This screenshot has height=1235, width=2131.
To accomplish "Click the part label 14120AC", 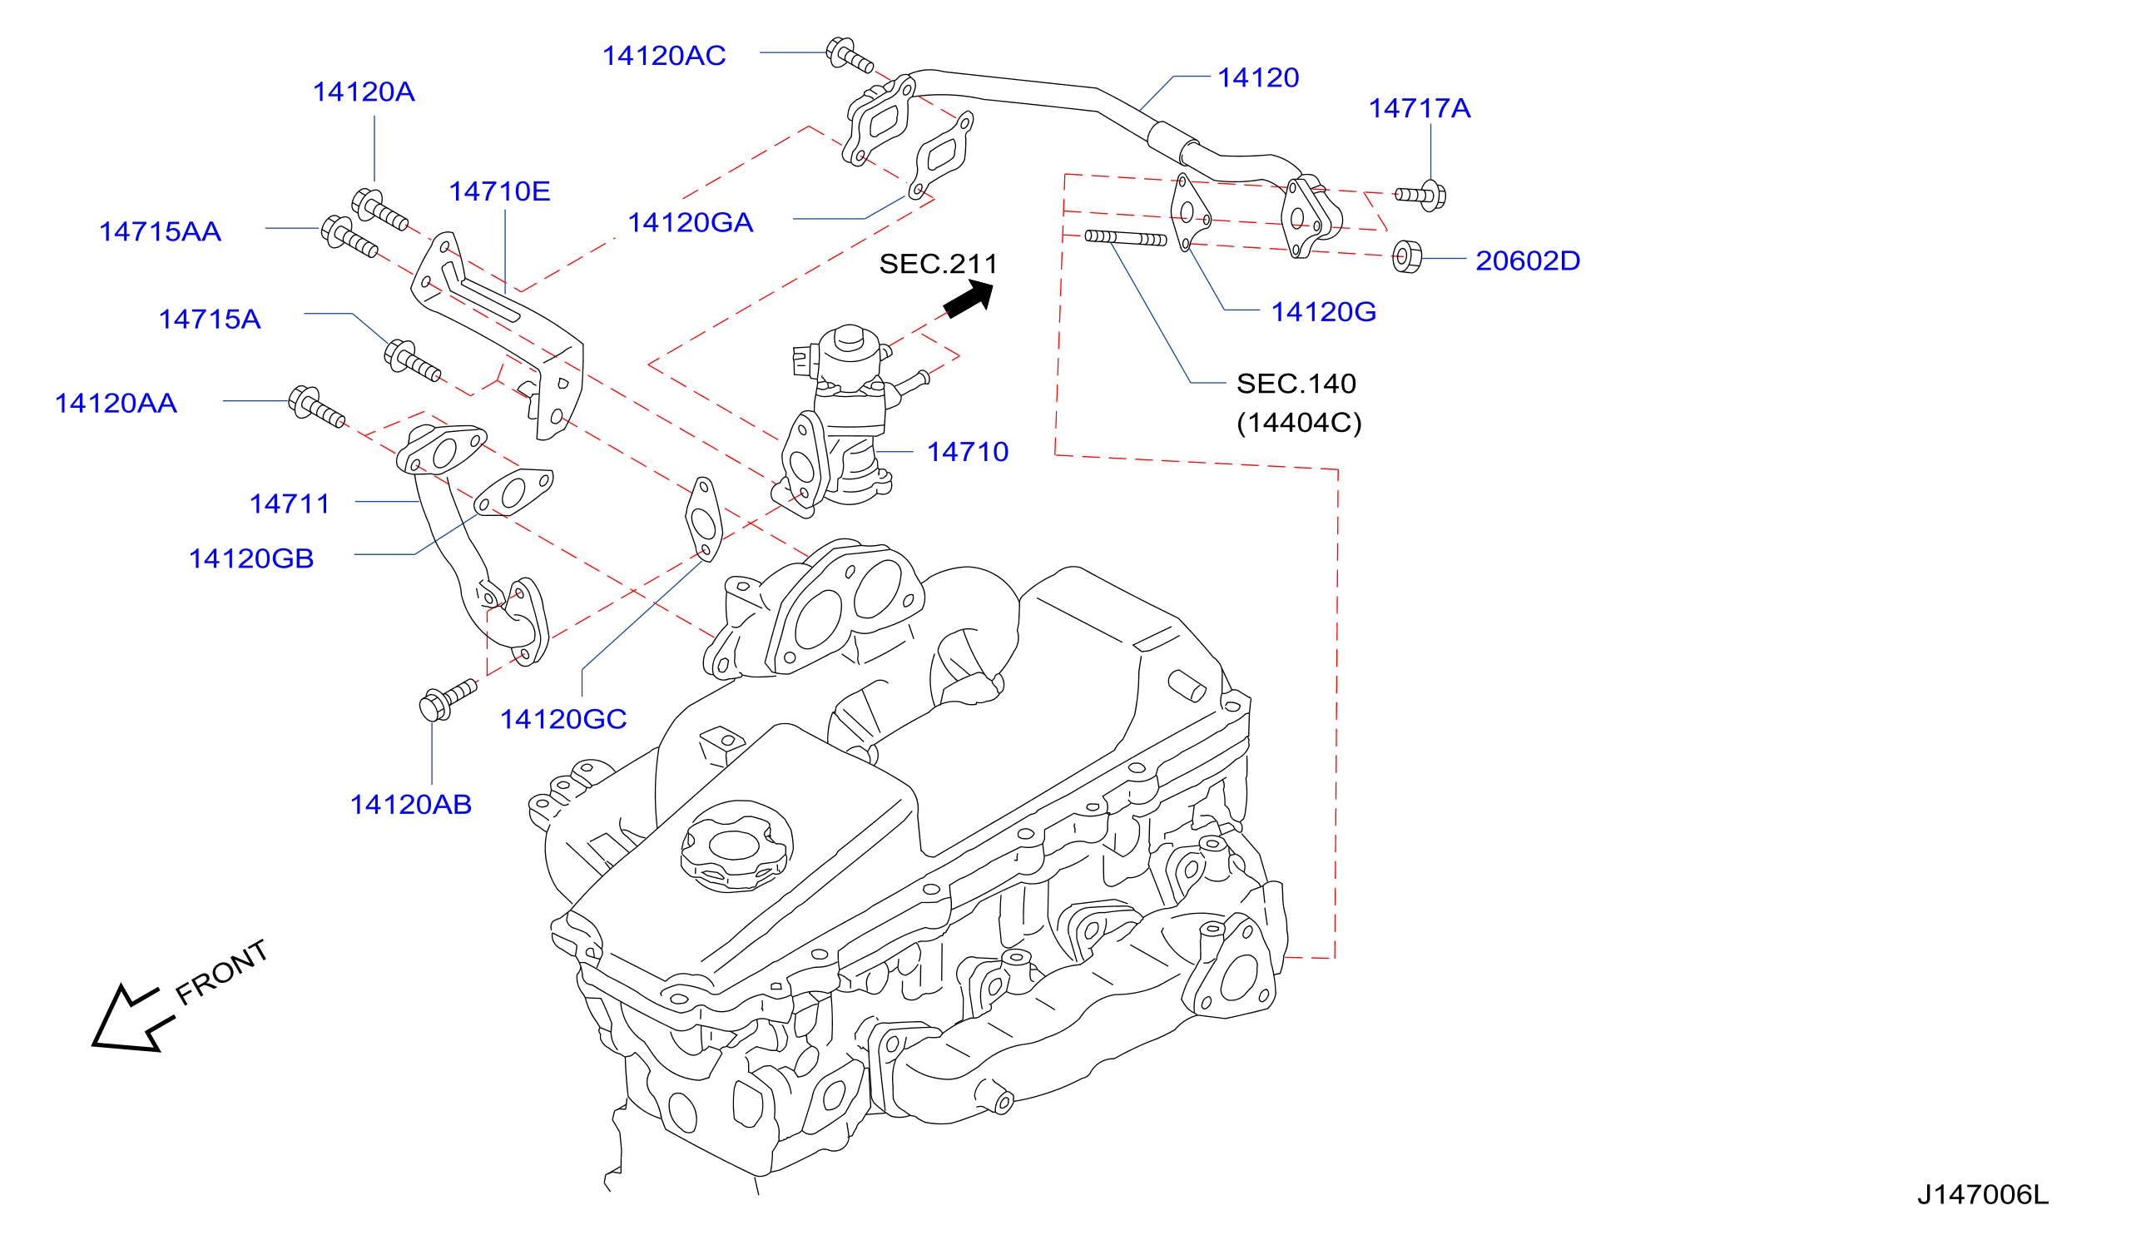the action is tap(664, 56).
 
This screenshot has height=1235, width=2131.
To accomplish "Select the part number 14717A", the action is tap(1420, 108).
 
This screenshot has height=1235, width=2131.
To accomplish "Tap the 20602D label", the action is tap(1528, 260).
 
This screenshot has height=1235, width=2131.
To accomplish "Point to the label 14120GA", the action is tap(690, 222).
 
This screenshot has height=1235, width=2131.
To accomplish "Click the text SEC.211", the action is tap(939, 264).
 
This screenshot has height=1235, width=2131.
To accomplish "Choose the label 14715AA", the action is tap(160, 232).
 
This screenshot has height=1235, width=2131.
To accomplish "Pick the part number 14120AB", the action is tap(411, 805).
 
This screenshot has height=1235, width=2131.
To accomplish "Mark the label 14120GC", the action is tap(563, 719).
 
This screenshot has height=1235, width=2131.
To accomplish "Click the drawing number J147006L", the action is tap(1983, 1194).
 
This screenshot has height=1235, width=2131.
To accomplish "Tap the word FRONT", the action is tap(221, 972).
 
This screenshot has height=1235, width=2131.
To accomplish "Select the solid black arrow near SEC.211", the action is tap(969, 300).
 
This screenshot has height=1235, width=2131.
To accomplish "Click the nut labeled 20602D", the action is tap(1406, 256).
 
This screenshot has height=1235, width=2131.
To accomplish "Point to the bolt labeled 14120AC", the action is tap(849, 54).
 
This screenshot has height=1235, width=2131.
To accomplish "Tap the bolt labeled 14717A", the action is tap(1421, 196).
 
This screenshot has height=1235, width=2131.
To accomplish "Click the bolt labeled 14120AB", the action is tap(449, 699).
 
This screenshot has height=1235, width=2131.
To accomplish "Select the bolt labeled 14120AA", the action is tap(316, 407).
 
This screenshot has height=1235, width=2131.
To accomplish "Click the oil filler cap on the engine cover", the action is tap(736, 845).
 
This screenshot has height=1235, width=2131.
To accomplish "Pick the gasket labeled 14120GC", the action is tap(704, 519).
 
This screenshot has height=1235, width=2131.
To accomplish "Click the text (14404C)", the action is tap(1299, 423).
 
